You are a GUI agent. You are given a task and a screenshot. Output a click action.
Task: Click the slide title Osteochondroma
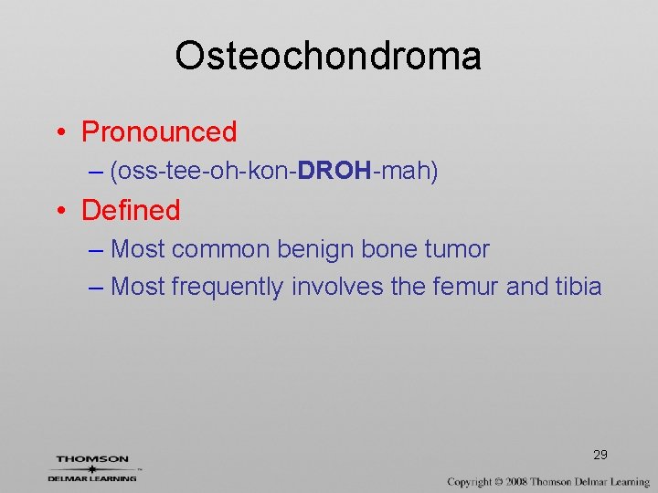[x=328, y=56]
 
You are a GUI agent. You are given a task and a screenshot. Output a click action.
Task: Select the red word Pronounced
[x=159, y=131]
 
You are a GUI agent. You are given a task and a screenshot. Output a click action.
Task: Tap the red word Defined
[x=131, y=210]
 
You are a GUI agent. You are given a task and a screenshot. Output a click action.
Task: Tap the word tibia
[x=578, y=287]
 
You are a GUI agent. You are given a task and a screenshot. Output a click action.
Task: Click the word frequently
[x=228, y=287]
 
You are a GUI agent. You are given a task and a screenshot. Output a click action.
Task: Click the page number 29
[x=600, y=455]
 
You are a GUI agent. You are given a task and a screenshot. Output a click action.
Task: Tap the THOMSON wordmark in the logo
[x=92, y=459]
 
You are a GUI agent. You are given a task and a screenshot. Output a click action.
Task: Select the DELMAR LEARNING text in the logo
[x=92, y=477]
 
